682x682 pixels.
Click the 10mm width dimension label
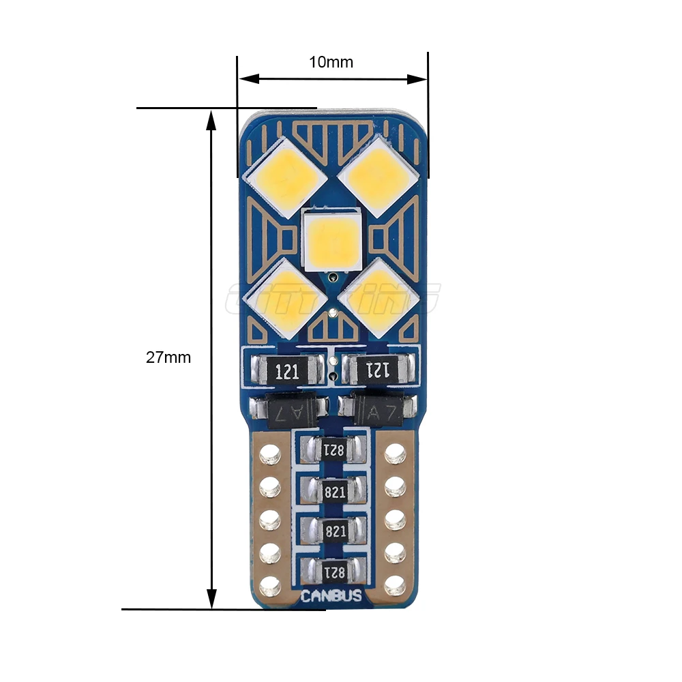click(x=331, y=62)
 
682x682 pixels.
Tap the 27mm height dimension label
click(x=168, y=357)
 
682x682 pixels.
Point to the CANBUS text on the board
click(x=332, y=597)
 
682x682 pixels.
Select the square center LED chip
click(x=331, y=239)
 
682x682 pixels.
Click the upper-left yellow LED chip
click(x=285, y=173)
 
